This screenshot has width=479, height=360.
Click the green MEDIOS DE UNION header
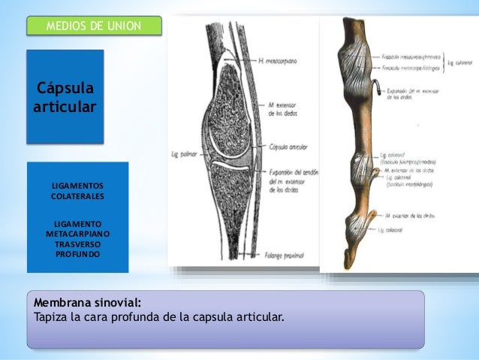[x=94, y=27]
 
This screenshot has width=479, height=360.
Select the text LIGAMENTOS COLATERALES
[x=77, y=191]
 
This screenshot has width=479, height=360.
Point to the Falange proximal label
[x=285, y=256]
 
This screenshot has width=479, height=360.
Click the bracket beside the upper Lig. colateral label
[x=444, y=62]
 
